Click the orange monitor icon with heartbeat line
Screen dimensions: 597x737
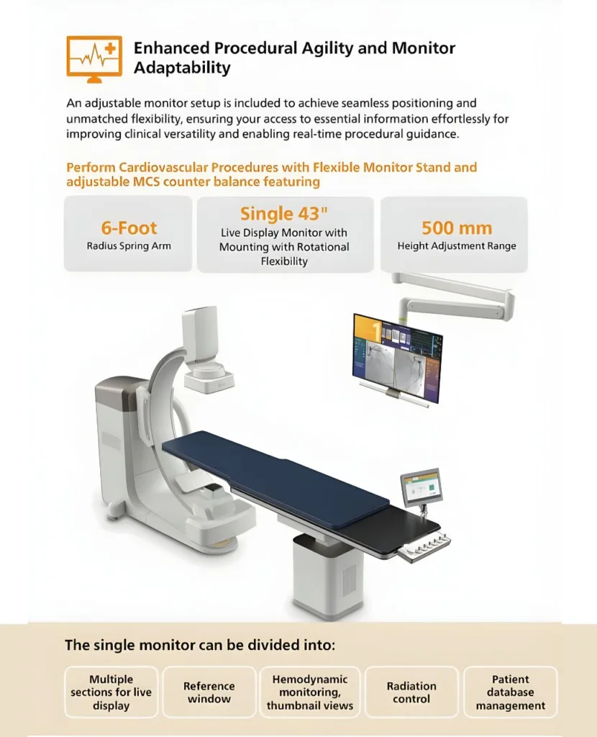94,59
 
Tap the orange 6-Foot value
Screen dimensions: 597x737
129,228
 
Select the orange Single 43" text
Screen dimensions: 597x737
283,213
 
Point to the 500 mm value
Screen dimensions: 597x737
457,228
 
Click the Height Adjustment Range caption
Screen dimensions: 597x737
457,246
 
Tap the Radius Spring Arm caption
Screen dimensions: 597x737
129,246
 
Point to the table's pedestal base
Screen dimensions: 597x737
328,575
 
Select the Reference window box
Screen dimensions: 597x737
209,692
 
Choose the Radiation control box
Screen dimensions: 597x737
411,692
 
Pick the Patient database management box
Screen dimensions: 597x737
511,692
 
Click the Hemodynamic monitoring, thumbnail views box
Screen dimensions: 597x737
310,692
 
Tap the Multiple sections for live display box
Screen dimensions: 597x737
111,692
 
